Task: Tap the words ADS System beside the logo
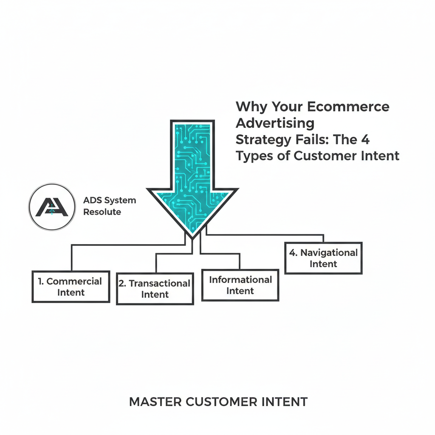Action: point(110,201)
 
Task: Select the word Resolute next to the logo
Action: point(102,212)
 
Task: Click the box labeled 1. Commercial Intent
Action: point(71,287)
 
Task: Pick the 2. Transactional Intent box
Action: point(155,289)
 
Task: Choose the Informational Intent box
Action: point(240,285)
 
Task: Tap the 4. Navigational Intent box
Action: point(323,258)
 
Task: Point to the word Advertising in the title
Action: point(275,123)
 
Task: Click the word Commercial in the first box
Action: point(74,281)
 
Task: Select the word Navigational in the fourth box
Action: point(329,253)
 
